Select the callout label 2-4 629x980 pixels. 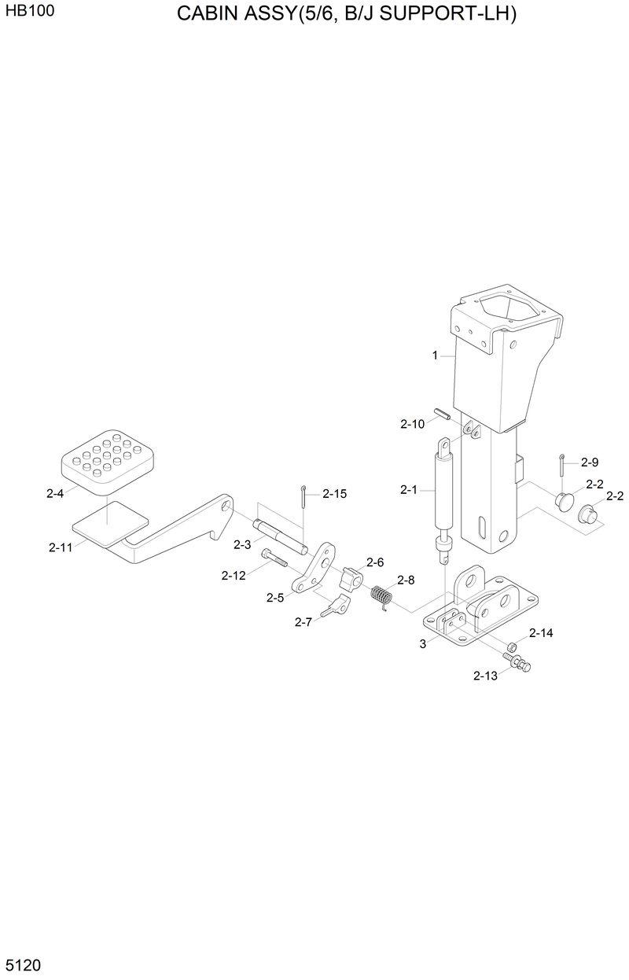[x=55, y=494]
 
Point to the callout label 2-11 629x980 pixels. [x=61, y=547]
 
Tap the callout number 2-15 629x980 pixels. [x=334, y=494]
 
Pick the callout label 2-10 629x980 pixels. [x=412, y=424]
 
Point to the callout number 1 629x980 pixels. [x=434, y=356]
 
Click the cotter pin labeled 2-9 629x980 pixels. [x=562, y=466]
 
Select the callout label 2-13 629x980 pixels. [x=485, y=676]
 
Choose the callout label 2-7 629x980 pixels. [x=303, y=621]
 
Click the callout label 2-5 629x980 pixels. [x=274, y=598]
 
